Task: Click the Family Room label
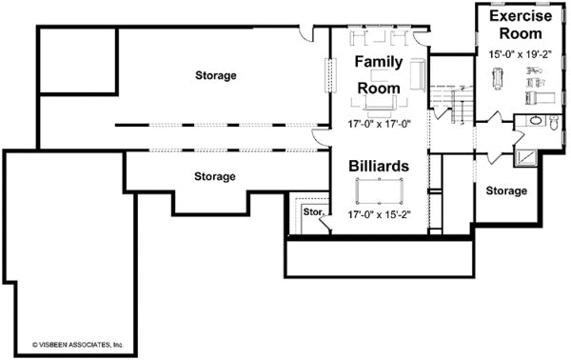click(378, 74)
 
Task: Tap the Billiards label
click(378, 165)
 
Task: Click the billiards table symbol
click(378, 192)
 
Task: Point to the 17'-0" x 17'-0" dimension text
click(378, 122)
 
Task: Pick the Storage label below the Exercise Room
click(505, 191)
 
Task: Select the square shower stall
click(523, 157)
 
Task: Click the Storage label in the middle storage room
click(215, 176)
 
